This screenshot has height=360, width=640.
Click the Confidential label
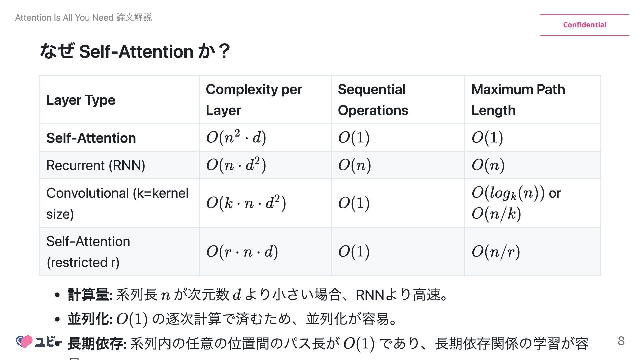585,25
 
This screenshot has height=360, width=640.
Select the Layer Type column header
81,100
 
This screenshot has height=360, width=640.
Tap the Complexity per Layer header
254,100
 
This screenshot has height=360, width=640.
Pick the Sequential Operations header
373,100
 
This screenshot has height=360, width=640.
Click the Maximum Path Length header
518,100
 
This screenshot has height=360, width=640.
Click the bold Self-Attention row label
91,138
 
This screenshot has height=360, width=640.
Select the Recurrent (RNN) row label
96,165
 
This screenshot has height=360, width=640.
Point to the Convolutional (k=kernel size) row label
117,203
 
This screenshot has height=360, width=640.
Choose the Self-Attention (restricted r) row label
88,252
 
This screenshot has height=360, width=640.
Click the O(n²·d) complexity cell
236,137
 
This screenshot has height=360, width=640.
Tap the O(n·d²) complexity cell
236,165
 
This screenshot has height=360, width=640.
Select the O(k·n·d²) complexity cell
246,203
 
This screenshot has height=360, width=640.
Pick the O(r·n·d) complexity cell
242,252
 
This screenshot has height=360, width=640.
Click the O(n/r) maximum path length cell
496,252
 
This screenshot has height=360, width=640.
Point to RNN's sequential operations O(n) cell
354,165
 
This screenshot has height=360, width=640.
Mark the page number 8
621,341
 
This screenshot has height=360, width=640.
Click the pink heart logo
24,342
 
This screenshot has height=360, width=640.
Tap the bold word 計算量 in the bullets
88,295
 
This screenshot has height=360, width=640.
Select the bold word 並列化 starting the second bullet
88,319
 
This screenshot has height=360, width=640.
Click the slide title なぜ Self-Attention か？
135,51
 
